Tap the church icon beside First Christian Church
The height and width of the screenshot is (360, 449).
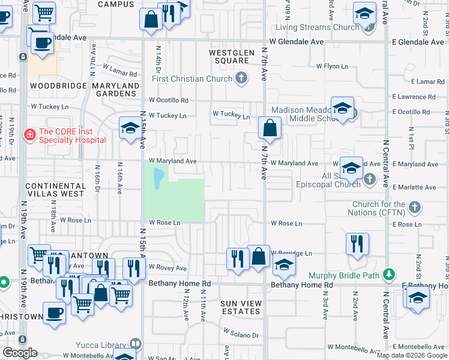[x=241, y=78]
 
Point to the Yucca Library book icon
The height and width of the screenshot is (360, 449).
[x=136, y=344]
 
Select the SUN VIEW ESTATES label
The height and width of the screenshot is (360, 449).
[x=240, y=307]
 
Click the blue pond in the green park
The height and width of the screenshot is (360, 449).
[x=158, y=178]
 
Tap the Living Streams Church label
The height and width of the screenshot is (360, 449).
[x=317, y=27]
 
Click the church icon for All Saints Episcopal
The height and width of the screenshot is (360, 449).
[x=370, y=178]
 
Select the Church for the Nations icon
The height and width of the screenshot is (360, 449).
[x=414, y=208]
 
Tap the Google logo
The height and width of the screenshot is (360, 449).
[x=20, y=353]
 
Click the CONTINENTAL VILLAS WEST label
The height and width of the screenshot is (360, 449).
[x=55, y=190]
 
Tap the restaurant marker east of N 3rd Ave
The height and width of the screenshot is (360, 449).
[x=357, y=244]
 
